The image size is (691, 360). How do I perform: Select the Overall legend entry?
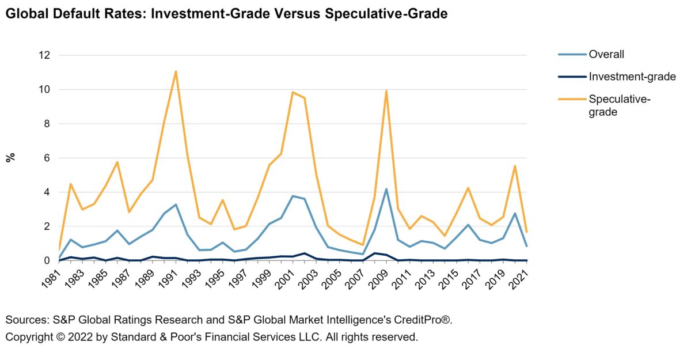pos(606,55)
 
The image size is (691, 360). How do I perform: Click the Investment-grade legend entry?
pos(632,77)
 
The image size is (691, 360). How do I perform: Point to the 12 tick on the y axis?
pos(44,55)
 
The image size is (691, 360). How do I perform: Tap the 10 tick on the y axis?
pos(44,89)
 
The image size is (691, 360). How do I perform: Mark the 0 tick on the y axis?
pos(47,260)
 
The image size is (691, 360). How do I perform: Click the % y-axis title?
pos(10,158)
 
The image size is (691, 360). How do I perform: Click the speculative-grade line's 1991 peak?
pos(176,71)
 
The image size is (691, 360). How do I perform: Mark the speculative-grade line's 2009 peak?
pos(386,90)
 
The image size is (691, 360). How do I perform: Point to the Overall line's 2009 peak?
pos(386,189)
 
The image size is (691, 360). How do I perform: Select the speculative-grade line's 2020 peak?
pos(515,166)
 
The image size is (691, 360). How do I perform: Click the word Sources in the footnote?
pos(24,320)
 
